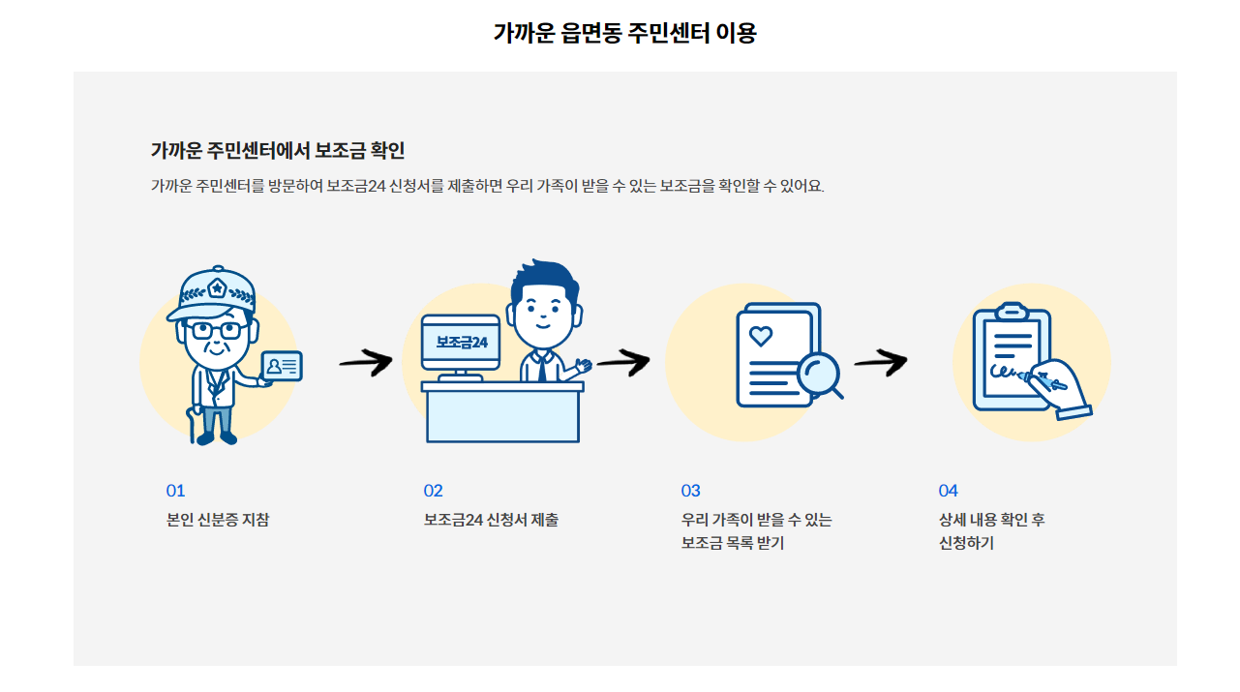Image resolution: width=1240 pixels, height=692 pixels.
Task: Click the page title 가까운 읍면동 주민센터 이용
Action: click(624, 33)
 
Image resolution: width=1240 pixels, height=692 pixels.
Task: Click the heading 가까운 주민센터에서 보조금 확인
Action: click(277, 151)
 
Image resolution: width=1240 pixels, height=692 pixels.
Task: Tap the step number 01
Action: click(175, 491)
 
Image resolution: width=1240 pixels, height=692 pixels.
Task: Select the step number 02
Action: click(433, 491)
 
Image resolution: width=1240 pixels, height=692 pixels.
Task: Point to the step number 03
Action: click(690, 491)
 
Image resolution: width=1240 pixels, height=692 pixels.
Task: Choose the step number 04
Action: click(948, 491)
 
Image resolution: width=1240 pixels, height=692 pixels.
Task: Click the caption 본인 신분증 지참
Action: click(218, 520)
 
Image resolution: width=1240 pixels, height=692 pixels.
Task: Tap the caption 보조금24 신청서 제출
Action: click(491, 520)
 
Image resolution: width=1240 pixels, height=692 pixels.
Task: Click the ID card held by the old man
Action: click(282, 366)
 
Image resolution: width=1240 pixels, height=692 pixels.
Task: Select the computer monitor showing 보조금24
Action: click(461, 342)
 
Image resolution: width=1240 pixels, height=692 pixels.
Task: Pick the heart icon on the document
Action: click(762, 336)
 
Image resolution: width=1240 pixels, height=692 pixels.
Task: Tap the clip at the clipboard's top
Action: click(1012, 311)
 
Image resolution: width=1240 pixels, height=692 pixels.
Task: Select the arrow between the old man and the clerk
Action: click(365, 363)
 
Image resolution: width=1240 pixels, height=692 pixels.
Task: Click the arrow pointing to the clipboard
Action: click(880, 363)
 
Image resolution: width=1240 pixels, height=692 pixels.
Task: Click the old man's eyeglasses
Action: click(216, 330)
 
